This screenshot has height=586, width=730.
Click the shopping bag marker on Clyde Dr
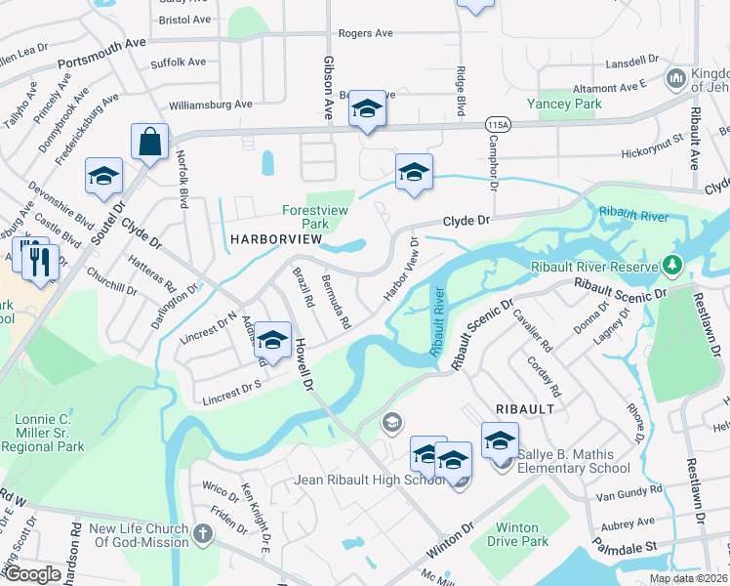[149, 143]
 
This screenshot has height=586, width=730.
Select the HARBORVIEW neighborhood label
[275, 239]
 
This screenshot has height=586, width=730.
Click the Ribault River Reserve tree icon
[670, 264]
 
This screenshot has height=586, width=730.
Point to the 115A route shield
[498, 125]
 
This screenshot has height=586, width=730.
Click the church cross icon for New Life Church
[202, 533]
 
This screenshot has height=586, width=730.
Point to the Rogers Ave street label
[365, 33]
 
